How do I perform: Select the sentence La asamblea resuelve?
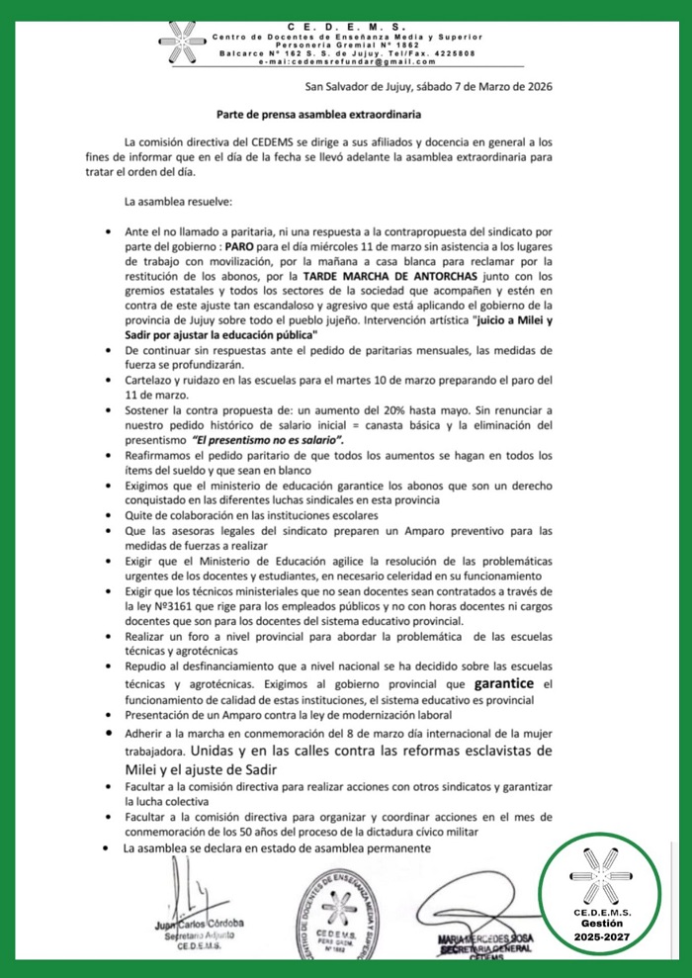178,204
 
